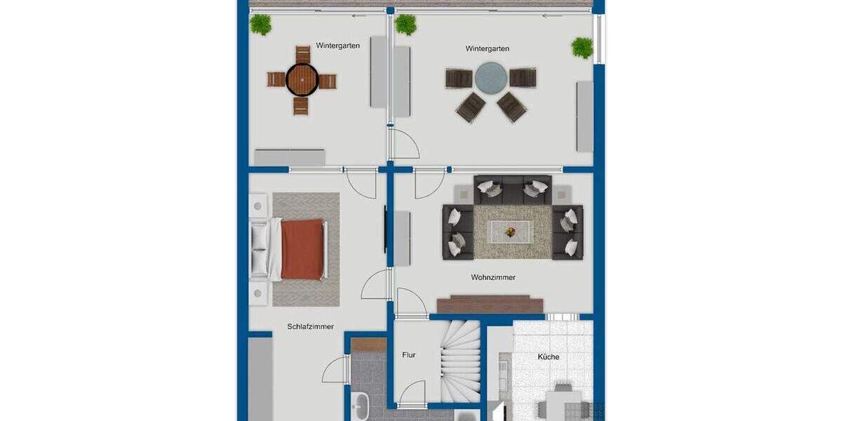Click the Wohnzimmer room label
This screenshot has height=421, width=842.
point(493,277)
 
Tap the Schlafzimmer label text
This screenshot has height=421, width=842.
point(310,326)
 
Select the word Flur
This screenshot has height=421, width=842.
point(408,355)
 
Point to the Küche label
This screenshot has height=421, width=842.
point(548,357)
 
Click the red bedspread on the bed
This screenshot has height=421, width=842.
point(303,249)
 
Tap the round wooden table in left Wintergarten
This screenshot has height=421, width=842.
point(302,81)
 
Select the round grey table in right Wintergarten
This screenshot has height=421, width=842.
point(490,78)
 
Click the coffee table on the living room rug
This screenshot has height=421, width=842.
point(511,231)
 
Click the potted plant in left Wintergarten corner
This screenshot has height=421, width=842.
point(261,25)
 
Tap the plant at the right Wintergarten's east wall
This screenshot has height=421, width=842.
point(582,48)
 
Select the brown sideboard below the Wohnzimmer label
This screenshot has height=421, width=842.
point(490,304)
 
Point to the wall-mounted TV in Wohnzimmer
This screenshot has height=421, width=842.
point(385,229)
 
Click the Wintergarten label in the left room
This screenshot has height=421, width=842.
point(338,46)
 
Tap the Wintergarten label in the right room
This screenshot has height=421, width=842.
point(487,48)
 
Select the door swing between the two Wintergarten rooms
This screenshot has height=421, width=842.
point(406,144)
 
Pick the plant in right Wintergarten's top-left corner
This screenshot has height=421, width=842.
point(406,25)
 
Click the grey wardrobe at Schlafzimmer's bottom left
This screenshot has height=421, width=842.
point(260,379)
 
